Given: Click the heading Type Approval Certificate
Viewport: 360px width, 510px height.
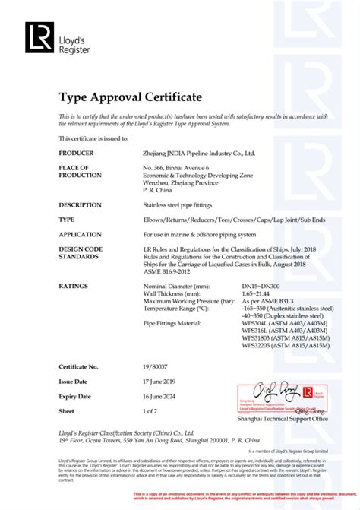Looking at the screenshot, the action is click(130, 97).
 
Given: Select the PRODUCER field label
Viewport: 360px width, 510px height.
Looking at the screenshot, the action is click(75, 153).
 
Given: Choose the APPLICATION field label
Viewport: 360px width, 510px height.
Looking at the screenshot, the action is click(80, 234).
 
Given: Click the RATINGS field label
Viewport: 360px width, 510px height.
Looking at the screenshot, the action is click(74, 285).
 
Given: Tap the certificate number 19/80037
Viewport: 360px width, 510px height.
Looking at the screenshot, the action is click(157, 366).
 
